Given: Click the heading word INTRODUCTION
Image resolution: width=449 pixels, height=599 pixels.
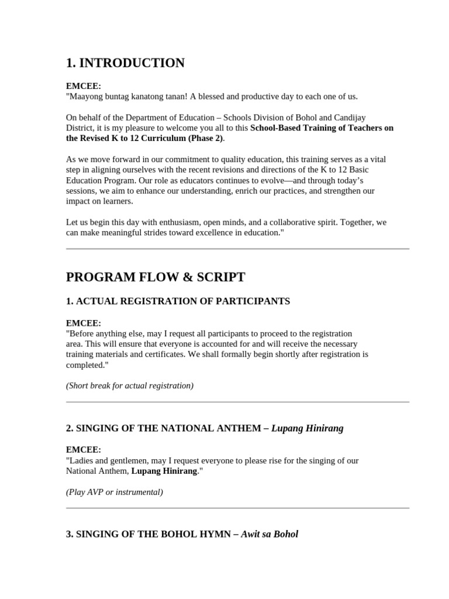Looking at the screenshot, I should click(132, 63).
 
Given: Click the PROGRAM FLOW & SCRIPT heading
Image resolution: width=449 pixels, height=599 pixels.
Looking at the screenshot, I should click(156, 277).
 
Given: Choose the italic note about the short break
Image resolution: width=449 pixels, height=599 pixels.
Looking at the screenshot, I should click(130, 385).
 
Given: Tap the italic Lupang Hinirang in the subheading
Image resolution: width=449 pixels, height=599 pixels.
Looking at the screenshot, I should click(308, 428).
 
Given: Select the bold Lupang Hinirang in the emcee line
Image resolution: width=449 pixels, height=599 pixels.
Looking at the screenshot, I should click(164, 471).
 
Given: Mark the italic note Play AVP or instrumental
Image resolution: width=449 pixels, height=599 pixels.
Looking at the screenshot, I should click(115, 492).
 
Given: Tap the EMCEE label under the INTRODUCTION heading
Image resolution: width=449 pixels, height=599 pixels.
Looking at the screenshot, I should click(84, 86).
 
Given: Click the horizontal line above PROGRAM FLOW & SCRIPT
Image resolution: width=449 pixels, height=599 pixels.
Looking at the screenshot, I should click(237, 249).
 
